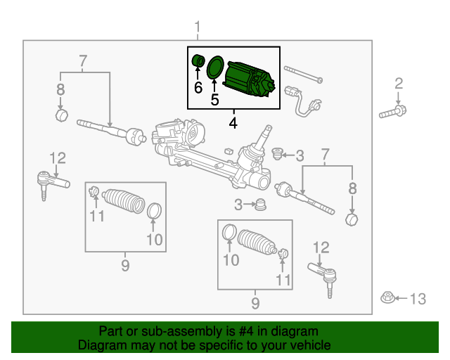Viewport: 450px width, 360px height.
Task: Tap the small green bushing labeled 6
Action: pos(198,60)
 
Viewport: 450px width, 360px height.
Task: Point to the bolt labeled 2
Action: pos(392,112)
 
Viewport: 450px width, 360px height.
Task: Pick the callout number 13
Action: pos(418,299)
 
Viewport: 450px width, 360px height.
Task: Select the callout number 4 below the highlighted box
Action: pos(233,123)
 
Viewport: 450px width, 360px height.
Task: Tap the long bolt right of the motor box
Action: pos(303,75)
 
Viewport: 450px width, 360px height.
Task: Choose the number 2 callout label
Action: pos(399,84)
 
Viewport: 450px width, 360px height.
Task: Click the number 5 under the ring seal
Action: pos(214,100)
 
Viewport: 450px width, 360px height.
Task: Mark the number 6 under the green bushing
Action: pos(198,87)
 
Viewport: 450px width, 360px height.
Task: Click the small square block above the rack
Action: pos(229,151)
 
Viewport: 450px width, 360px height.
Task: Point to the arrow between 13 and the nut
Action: pos(401,299)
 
